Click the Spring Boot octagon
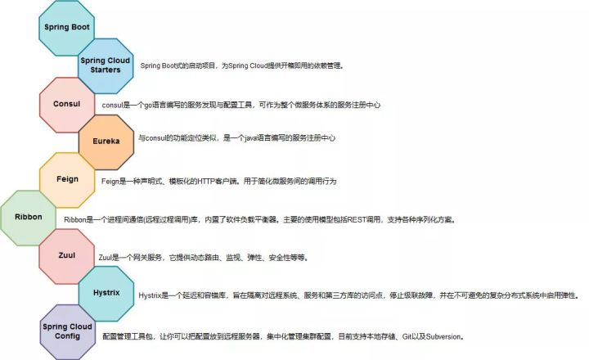[x=66, y=28]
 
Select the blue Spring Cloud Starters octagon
[x=106, y=65]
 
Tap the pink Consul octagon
[x=67, y=105]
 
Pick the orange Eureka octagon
[x=106, y=142]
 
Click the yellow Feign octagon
[x=67, y=180]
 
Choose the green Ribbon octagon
[x=28, y=218]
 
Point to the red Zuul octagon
[x=67, y=256]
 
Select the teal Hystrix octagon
[x=106, y=294]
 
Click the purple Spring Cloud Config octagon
[x=68, y=332]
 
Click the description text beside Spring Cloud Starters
[x=242, y=65]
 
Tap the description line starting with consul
[x=241, y=105]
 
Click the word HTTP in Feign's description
[x=206, y=181]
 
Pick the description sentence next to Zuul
[x=204, y=258]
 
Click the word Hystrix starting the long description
[x=150, y=295]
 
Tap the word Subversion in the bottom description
[x=443, y=337]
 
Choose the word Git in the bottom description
[x=407, y=337]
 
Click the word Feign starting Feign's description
[x=110, y=181]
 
